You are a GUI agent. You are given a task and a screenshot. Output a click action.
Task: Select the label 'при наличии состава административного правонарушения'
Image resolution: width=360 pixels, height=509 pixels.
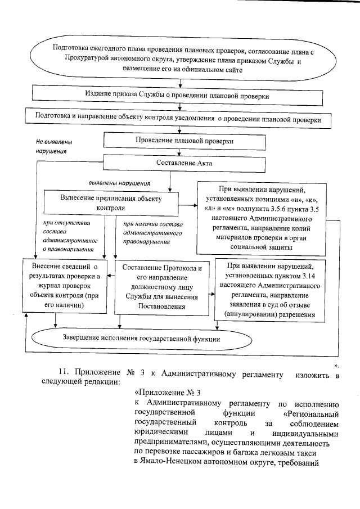coord(147,233)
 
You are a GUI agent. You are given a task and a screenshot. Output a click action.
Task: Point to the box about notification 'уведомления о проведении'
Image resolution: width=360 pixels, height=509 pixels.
coord(179,119)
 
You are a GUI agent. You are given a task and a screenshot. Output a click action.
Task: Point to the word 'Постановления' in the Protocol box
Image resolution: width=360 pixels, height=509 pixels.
coord(163,307)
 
